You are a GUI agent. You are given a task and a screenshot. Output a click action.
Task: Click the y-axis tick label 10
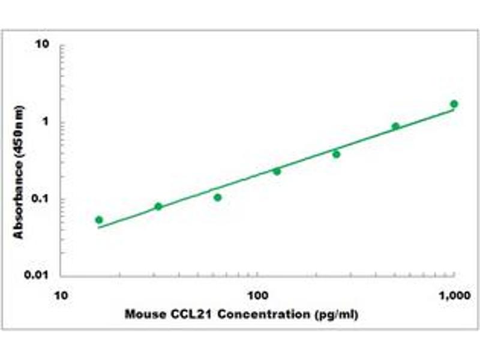point(42,45)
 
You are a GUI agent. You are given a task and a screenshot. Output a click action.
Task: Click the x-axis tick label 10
point(61,295)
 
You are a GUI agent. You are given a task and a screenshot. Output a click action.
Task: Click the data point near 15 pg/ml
point(99,220)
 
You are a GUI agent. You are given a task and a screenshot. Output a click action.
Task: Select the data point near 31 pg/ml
point(158,206)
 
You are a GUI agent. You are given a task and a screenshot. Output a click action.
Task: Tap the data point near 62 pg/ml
point(218,197)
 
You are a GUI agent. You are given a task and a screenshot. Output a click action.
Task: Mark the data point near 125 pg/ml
point(277,171)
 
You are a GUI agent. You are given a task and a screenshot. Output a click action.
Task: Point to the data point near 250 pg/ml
point(336,154)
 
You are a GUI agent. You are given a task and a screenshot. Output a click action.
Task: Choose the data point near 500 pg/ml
point(395,126)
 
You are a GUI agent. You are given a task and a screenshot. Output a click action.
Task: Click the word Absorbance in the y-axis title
point(19,200)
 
